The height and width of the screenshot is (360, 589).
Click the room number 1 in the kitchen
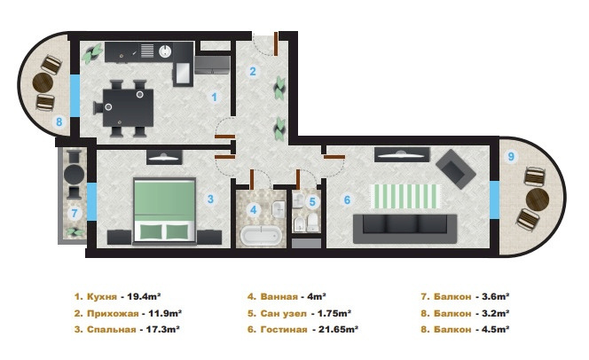(x=214, y=98)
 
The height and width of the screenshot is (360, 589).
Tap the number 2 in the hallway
(x=253, y=71)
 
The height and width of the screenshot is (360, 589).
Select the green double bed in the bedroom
(x=164, y=211)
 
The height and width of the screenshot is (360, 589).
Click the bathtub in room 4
(x=261, y=236)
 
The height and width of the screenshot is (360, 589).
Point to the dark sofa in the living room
(x=404, y=229)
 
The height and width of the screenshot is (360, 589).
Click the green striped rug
(x=405, y=196)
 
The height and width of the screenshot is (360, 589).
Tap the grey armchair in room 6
(x=456, y=169)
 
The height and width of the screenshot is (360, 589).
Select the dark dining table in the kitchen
(x=128, y=108)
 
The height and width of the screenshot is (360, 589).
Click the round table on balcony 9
(x=538, y=199)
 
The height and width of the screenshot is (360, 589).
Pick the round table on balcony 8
(x=43, y=83)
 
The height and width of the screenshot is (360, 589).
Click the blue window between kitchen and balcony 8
(x=75, y=96)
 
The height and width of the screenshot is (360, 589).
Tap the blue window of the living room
(x=494, y=200)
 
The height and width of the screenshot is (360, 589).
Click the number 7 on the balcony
(x=75, y=214)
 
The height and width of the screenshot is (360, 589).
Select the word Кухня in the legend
(x=102, y=296)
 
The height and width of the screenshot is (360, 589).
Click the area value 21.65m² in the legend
(x=338, y=329)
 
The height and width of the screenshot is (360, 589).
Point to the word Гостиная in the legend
(x=284, y=330)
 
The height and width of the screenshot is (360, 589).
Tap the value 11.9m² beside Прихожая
(x=165, y=313)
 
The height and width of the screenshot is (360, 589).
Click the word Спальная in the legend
(x=111, y=330)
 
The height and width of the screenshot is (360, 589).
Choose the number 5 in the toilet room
(x=312, y=202)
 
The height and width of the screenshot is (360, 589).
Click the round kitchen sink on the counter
(x=165, y=51)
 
